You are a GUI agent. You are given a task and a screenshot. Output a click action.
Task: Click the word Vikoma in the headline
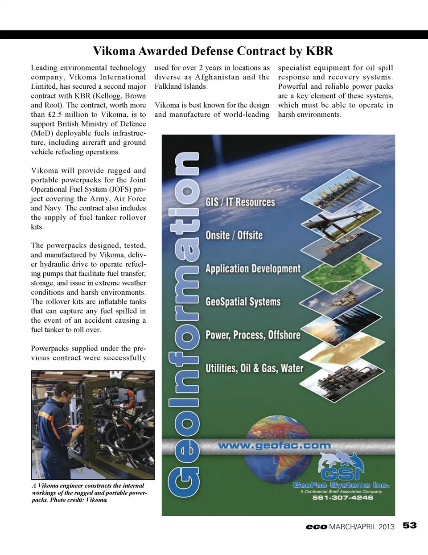114,51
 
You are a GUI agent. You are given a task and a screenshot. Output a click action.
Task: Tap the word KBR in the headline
319,51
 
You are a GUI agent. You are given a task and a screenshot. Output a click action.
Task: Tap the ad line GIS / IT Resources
240,202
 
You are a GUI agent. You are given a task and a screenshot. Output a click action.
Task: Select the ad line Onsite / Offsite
234,235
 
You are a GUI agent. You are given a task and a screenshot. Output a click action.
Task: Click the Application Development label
253,269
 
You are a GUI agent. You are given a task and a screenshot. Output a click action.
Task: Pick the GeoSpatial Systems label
243,302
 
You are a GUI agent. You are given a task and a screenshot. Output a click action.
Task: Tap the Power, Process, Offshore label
253,335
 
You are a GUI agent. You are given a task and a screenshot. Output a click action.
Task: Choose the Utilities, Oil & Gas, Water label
254,368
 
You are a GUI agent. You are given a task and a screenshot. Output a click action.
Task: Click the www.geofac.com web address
274,445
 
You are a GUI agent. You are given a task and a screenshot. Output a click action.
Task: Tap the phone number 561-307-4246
342,497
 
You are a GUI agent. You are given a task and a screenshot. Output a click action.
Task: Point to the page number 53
410,526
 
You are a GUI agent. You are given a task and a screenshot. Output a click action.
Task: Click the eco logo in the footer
317,527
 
